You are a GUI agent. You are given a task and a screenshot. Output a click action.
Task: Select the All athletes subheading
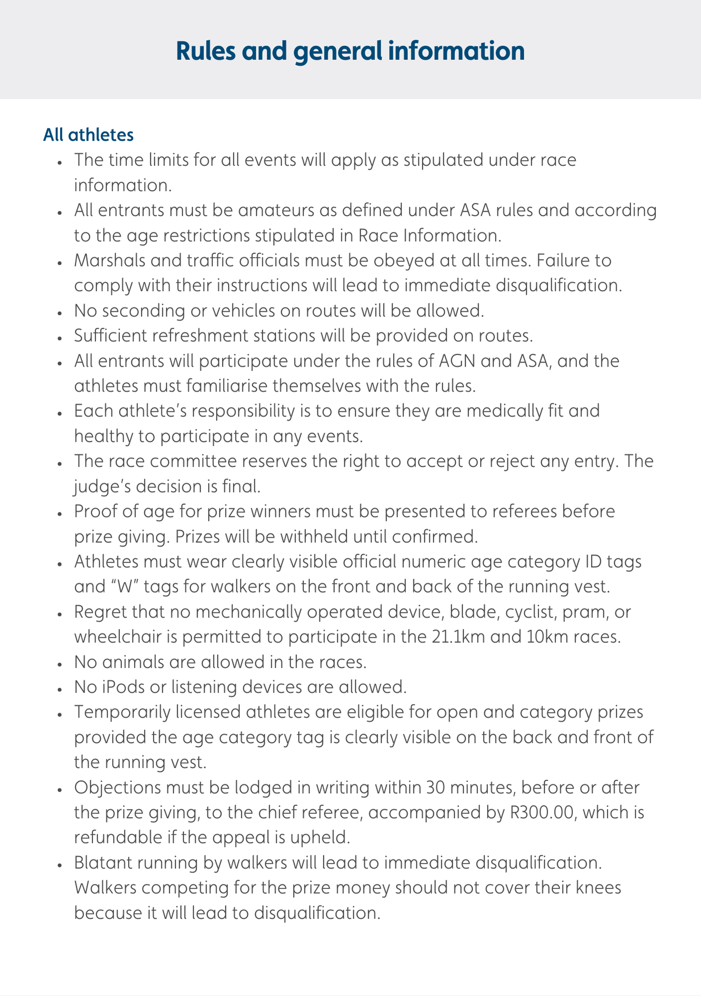[88, 135]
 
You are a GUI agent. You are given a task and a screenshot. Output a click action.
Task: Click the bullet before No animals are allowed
[59, 663]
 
